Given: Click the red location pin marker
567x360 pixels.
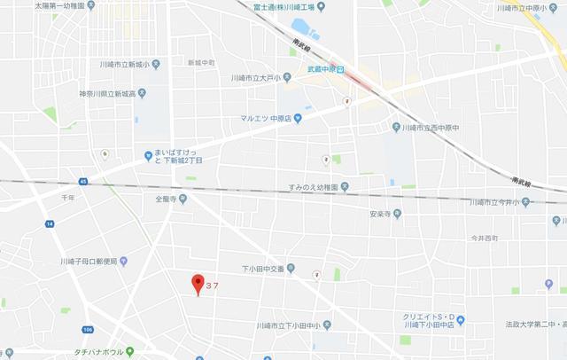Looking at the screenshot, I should (197, 284).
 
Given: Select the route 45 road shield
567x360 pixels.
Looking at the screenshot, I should (83, 183).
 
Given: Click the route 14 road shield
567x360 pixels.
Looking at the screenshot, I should (50, 224).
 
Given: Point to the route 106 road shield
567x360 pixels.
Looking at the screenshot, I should (87, 330).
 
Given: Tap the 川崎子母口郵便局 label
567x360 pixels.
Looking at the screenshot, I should (89, 261).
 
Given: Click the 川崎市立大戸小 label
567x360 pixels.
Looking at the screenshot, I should (259, 77).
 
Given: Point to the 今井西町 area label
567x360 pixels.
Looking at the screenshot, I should (485, 239).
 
